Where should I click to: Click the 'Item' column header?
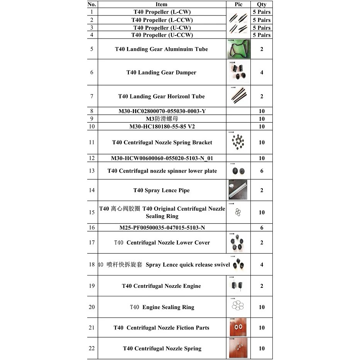[162, 4]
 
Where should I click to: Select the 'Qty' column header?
[262, 4]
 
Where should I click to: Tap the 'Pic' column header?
[238, 4]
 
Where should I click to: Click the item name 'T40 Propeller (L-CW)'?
[162, 12]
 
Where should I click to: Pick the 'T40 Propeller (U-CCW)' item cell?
[162, 35]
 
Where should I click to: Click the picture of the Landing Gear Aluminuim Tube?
[238, 49]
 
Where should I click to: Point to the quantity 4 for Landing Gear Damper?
[262, 72]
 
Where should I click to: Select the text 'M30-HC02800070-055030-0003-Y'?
[162, 111]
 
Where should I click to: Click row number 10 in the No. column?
[92, 127]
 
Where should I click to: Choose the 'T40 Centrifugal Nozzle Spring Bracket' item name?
[162, 142]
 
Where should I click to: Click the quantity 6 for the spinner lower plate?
[262, 171]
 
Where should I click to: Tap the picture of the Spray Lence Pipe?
[238, 190]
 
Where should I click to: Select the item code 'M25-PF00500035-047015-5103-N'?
[162, 228]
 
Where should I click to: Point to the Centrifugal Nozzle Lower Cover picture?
[237, 243]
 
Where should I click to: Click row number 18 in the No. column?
[92, 264]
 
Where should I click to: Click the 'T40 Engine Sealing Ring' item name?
[162, 307]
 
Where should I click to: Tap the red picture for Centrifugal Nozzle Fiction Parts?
[238, 328]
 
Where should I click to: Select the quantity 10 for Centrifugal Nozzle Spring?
[262, 348]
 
